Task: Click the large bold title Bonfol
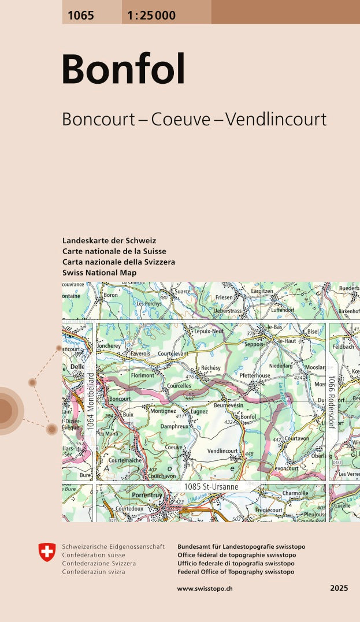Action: [123, 69]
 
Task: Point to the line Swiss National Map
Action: [99, 273]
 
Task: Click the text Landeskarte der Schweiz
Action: [109, 241]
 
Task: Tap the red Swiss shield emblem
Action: [47, 552]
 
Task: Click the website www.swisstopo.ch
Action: [205, 588]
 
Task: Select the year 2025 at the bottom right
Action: [339, 588]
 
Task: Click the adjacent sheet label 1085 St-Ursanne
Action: [211, 487]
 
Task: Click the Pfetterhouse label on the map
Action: [255, 375]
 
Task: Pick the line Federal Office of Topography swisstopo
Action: [237, 572]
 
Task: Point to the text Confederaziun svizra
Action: [93, 572]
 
